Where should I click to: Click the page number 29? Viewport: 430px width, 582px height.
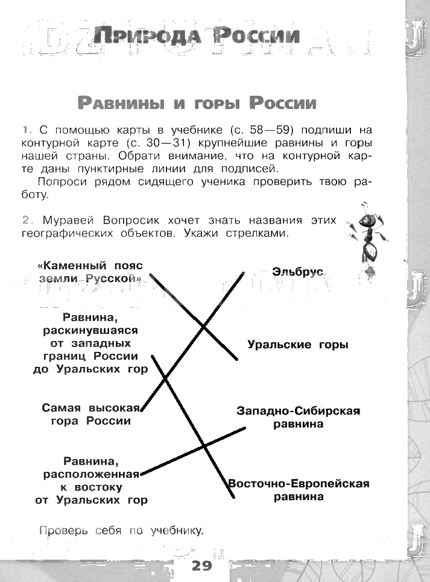(x=202, y=566)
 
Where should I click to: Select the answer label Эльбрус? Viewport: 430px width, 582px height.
(x=298, y=272)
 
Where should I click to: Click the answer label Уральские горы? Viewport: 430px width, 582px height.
(x=298, y=345)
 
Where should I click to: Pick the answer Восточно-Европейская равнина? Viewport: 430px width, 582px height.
(x=298, y=490)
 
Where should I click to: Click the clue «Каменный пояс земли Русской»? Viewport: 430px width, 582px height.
(x=90, y=272)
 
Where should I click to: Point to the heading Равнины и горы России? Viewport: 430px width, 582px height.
(x=197, y=103)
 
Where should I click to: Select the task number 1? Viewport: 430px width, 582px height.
(x=25, y=130)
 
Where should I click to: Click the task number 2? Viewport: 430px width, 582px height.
(x=25, y=221)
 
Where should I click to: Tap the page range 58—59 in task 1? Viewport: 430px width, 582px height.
(x=274, y=130)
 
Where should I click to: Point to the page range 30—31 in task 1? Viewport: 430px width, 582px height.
(x=166, y=143)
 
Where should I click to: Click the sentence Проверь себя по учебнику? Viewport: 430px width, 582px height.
(x=122, y=531)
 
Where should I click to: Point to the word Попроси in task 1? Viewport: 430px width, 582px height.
(x=60, y=182)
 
